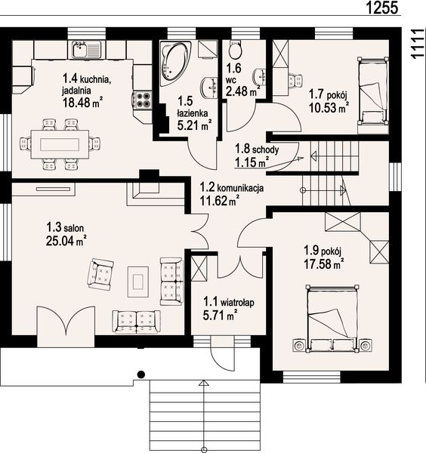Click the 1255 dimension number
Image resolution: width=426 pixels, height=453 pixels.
[x=382, y=8]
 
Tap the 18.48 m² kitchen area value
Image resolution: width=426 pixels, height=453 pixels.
[x=82, y=102]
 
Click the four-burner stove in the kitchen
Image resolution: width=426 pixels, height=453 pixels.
[x=143, y=100]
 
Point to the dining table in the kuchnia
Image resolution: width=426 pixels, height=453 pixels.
[x=60, y=144]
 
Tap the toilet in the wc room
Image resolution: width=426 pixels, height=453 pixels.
[x=235, y=50]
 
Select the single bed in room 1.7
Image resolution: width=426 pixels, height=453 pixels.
[x=372, y=91]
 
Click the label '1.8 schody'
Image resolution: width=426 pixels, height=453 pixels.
[x=257, y=149]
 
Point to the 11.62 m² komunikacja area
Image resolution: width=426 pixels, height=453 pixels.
[x=220, y=201]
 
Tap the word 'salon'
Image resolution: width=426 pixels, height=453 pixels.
[x=74, y=228]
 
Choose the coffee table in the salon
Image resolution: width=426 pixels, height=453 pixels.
[x=138, y=282]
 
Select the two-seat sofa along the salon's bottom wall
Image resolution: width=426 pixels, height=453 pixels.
[x=136, y=322]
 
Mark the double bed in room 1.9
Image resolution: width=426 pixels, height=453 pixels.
[x=332, y=319]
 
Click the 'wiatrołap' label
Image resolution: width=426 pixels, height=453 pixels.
[x=238, y=303]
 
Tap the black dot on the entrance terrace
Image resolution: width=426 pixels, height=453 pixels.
[x=140, y=374]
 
